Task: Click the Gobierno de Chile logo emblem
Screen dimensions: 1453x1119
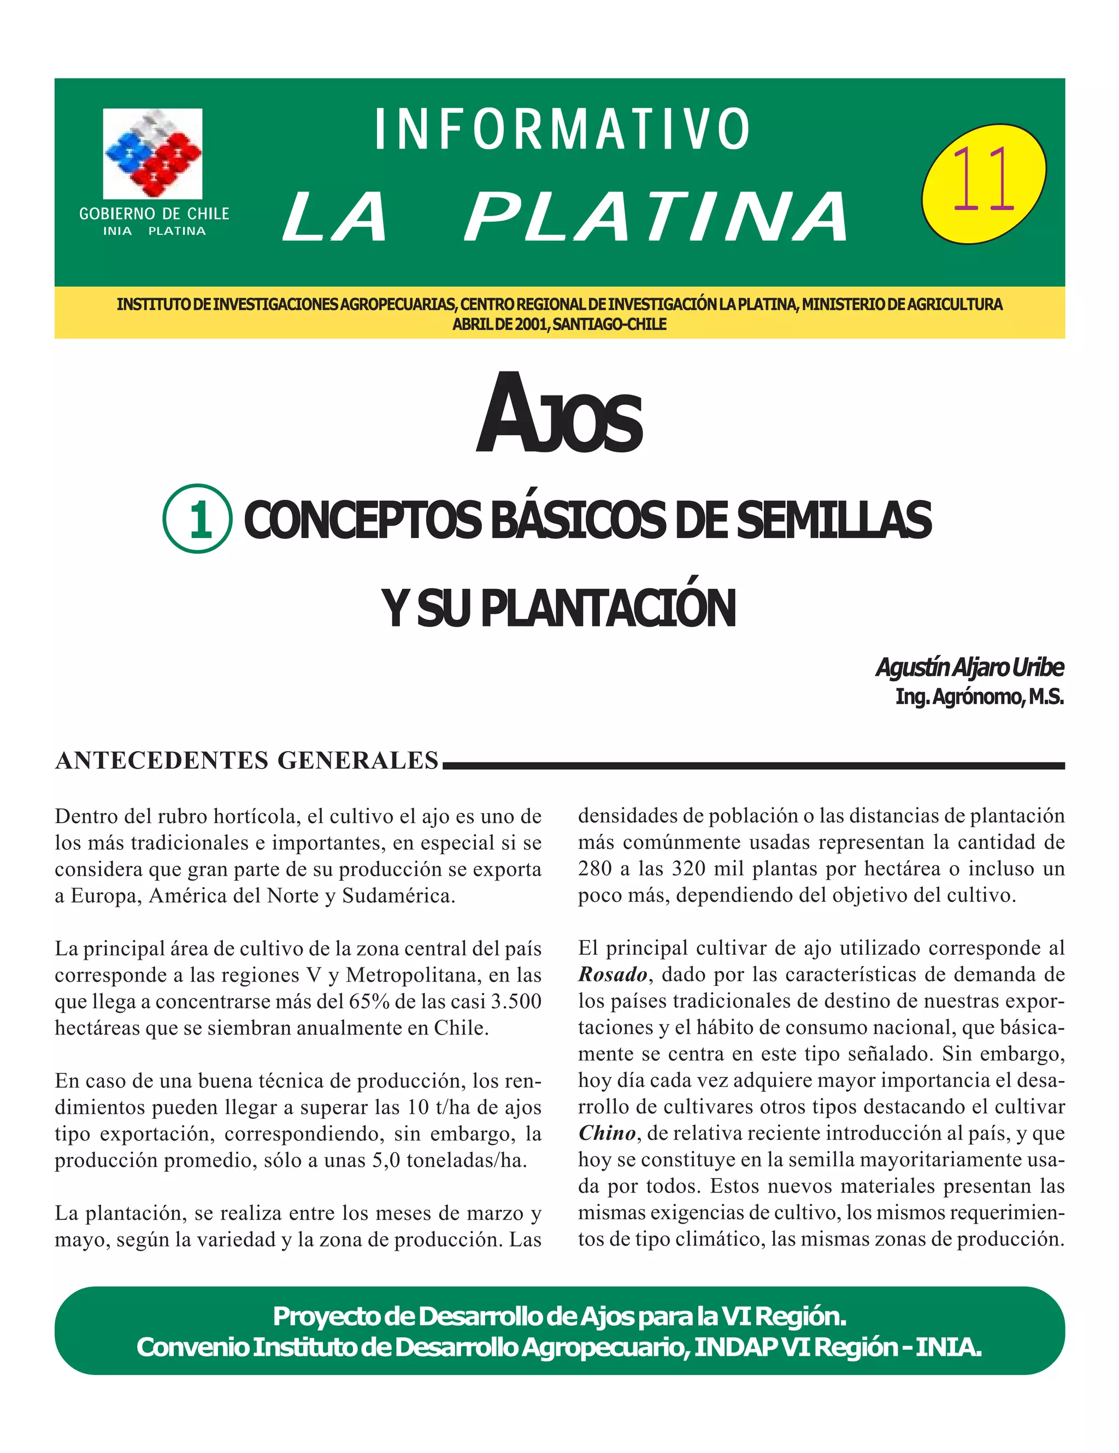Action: (152, 153)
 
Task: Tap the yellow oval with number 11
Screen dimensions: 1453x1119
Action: (983, 183)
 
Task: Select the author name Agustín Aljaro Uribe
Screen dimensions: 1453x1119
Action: (969, 668)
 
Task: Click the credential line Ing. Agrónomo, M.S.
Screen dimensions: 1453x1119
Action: (979, 696)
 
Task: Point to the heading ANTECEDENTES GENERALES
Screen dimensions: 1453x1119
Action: (247, 760)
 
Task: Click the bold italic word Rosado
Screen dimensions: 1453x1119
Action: (612, 974)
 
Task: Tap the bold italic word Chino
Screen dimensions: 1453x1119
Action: (606, 1133)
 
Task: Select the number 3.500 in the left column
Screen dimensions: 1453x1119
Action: (516, 1001)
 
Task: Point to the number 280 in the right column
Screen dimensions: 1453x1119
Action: (595, 869)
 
